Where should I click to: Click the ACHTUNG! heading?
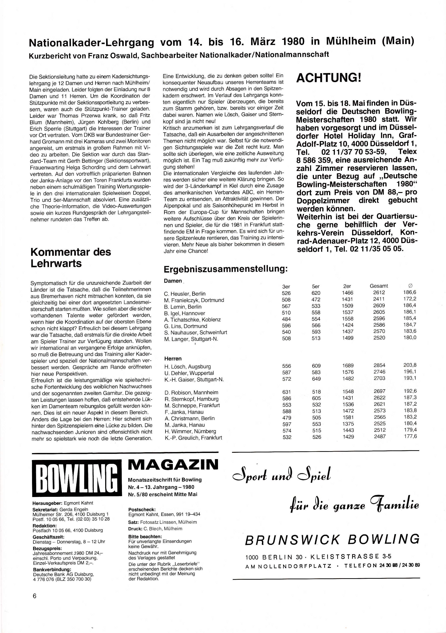pos(328,78)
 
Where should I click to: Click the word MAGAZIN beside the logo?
pos(173,465)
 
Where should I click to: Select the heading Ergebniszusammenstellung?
pos(225,269)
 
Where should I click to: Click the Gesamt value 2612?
pos(379,293)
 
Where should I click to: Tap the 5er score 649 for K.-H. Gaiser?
pos(316,379)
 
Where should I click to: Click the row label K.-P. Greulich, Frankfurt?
pos(193,437)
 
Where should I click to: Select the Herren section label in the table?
pos(173,359)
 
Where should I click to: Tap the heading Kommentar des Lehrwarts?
pos(71,257)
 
